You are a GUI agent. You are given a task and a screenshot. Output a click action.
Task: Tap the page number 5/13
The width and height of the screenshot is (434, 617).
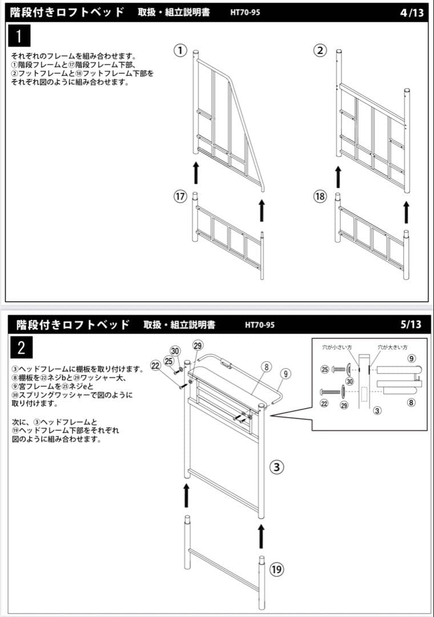pos(411,324)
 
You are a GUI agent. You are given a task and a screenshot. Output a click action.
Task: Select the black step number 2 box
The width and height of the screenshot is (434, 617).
pos(21,347)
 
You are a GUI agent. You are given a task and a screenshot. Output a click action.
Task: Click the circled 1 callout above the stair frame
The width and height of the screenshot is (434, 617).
pos(180,51)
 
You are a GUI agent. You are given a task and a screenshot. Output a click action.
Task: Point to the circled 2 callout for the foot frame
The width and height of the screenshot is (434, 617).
pos(320,51)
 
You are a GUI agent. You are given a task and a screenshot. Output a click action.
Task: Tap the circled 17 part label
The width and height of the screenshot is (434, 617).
pos(180,197)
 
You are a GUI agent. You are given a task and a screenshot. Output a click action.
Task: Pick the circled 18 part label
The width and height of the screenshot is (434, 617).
pos(320,197)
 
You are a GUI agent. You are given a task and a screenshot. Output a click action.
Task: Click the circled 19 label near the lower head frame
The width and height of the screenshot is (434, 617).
pos(277,569)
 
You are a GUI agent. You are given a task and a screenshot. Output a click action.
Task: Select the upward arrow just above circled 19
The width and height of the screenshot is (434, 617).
pos(262,537)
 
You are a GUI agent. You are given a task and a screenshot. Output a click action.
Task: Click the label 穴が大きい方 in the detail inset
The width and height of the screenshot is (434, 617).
pos(392,347)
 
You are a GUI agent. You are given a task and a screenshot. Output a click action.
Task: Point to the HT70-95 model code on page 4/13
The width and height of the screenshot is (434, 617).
pos(245,12)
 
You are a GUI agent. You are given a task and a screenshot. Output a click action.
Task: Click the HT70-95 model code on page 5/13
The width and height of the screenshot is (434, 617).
pos(260,325)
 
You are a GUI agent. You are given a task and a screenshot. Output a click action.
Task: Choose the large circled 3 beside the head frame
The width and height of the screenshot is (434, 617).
pos(277,467)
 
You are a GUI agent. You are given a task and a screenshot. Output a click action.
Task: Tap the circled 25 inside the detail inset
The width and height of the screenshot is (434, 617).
pos(325,370)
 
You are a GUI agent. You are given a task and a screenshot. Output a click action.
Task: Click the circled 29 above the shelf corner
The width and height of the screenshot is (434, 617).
pos(198,346)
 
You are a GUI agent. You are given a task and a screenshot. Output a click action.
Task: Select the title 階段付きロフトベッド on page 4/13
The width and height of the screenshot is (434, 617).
pos(67,12)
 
